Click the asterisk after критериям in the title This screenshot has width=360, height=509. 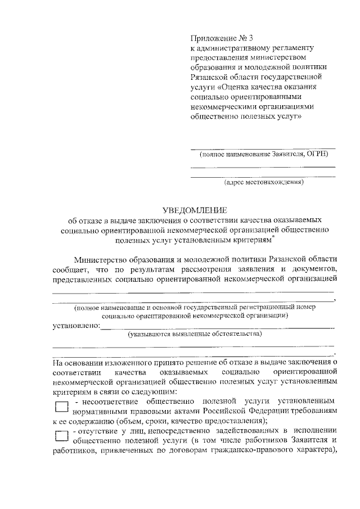(273, 238)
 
